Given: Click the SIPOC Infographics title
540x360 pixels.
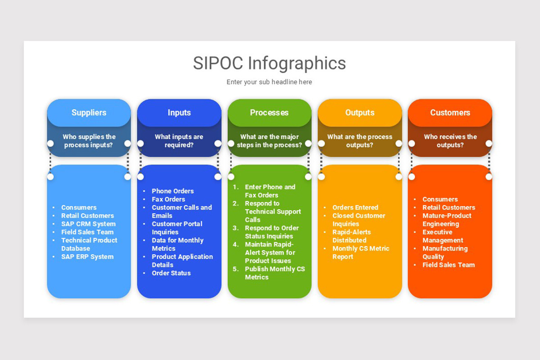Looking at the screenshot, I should (x=269, y=63).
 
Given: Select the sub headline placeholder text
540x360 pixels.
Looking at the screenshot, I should (x=269, y=82).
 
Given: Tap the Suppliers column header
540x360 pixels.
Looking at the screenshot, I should (x=89, y=112).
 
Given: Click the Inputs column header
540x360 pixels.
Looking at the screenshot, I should (x=179, y=112).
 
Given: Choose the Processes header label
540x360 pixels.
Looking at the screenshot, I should (x=269, y=112).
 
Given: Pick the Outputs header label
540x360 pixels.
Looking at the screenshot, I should (x=360, y=112).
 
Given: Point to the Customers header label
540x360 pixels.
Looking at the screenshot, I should (x=450, y=112).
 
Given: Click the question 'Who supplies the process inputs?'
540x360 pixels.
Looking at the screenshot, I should (x=89, y=141).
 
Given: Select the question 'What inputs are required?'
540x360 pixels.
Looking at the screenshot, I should (x=179, y=141).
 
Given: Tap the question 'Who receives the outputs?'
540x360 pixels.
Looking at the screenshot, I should (x=450, y=141).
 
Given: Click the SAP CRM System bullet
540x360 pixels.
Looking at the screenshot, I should (x=88, y=224).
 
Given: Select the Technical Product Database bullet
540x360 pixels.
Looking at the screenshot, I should (x=89, y=244).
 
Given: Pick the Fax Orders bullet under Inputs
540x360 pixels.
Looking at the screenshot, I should (x=168, y=199).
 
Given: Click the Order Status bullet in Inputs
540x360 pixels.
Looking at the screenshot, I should (x=171, y=273).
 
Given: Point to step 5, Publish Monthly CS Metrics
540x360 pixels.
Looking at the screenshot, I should (x=274, y=273).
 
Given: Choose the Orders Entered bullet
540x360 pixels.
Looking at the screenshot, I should (x=355, y=207).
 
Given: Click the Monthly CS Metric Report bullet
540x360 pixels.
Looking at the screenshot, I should (x=360, y=252).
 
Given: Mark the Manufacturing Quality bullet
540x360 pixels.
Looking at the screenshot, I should (x=445, y=252).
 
